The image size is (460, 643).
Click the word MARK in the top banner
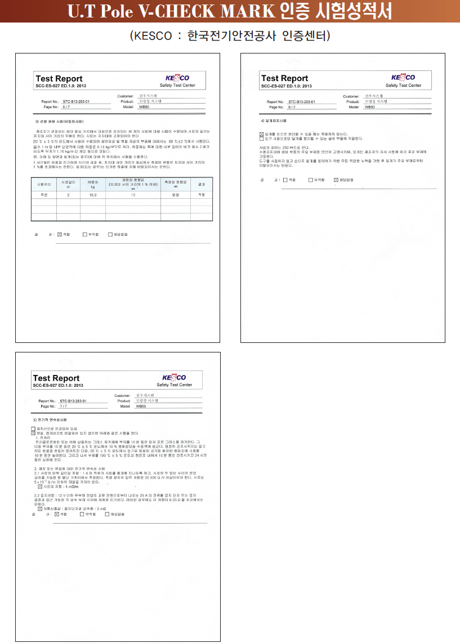(234, 11)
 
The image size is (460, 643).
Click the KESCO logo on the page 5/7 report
(177, 78)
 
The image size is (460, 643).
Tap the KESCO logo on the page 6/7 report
(403, 78)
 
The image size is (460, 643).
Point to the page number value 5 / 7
(66, 106)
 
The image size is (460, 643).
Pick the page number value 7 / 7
(63, 405)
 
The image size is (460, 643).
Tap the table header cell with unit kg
(93, 184)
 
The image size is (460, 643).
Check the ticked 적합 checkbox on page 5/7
(60, 234)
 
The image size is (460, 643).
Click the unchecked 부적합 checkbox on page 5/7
(84, 234)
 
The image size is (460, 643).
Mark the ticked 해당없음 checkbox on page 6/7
(336, 180)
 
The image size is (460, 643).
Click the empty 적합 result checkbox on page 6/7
(285, 180)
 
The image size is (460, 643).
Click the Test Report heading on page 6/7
(284, 78)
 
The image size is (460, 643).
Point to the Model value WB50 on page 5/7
(144, 106)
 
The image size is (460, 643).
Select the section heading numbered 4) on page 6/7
(274, 121)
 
